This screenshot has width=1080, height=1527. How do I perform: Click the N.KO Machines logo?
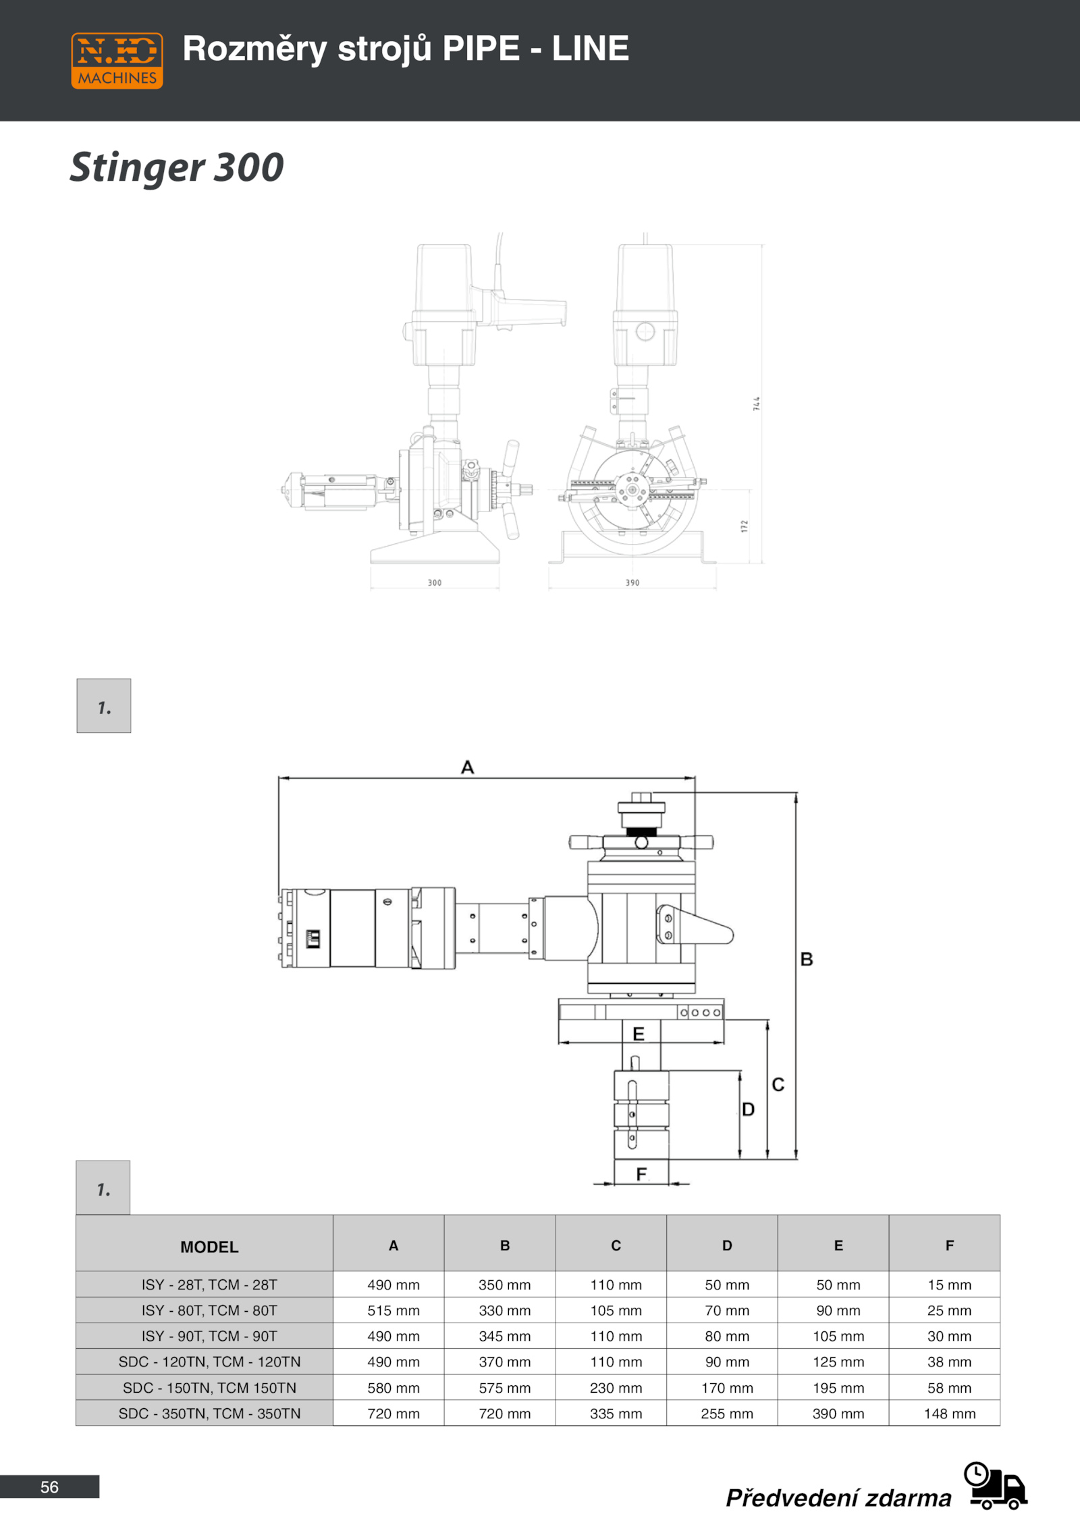point(117,61)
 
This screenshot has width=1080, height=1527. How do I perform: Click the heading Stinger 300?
point(177,167)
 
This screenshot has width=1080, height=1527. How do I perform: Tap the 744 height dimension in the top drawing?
point(757,404)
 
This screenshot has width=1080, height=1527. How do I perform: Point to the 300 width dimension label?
point(435,582)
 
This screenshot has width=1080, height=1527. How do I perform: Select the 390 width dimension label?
point(632,582)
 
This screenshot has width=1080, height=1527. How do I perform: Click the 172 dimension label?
point(745,526)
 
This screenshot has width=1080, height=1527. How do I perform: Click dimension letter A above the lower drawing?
point(468,767)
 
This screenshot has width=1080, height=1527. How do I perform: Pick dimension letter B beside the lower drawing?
point(807,959)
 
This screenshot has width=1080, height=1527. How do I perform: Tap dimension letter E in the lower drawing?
point(639,1034)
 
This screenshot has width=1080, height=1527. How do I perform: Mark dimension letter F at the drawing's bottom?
point(641,1175)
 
